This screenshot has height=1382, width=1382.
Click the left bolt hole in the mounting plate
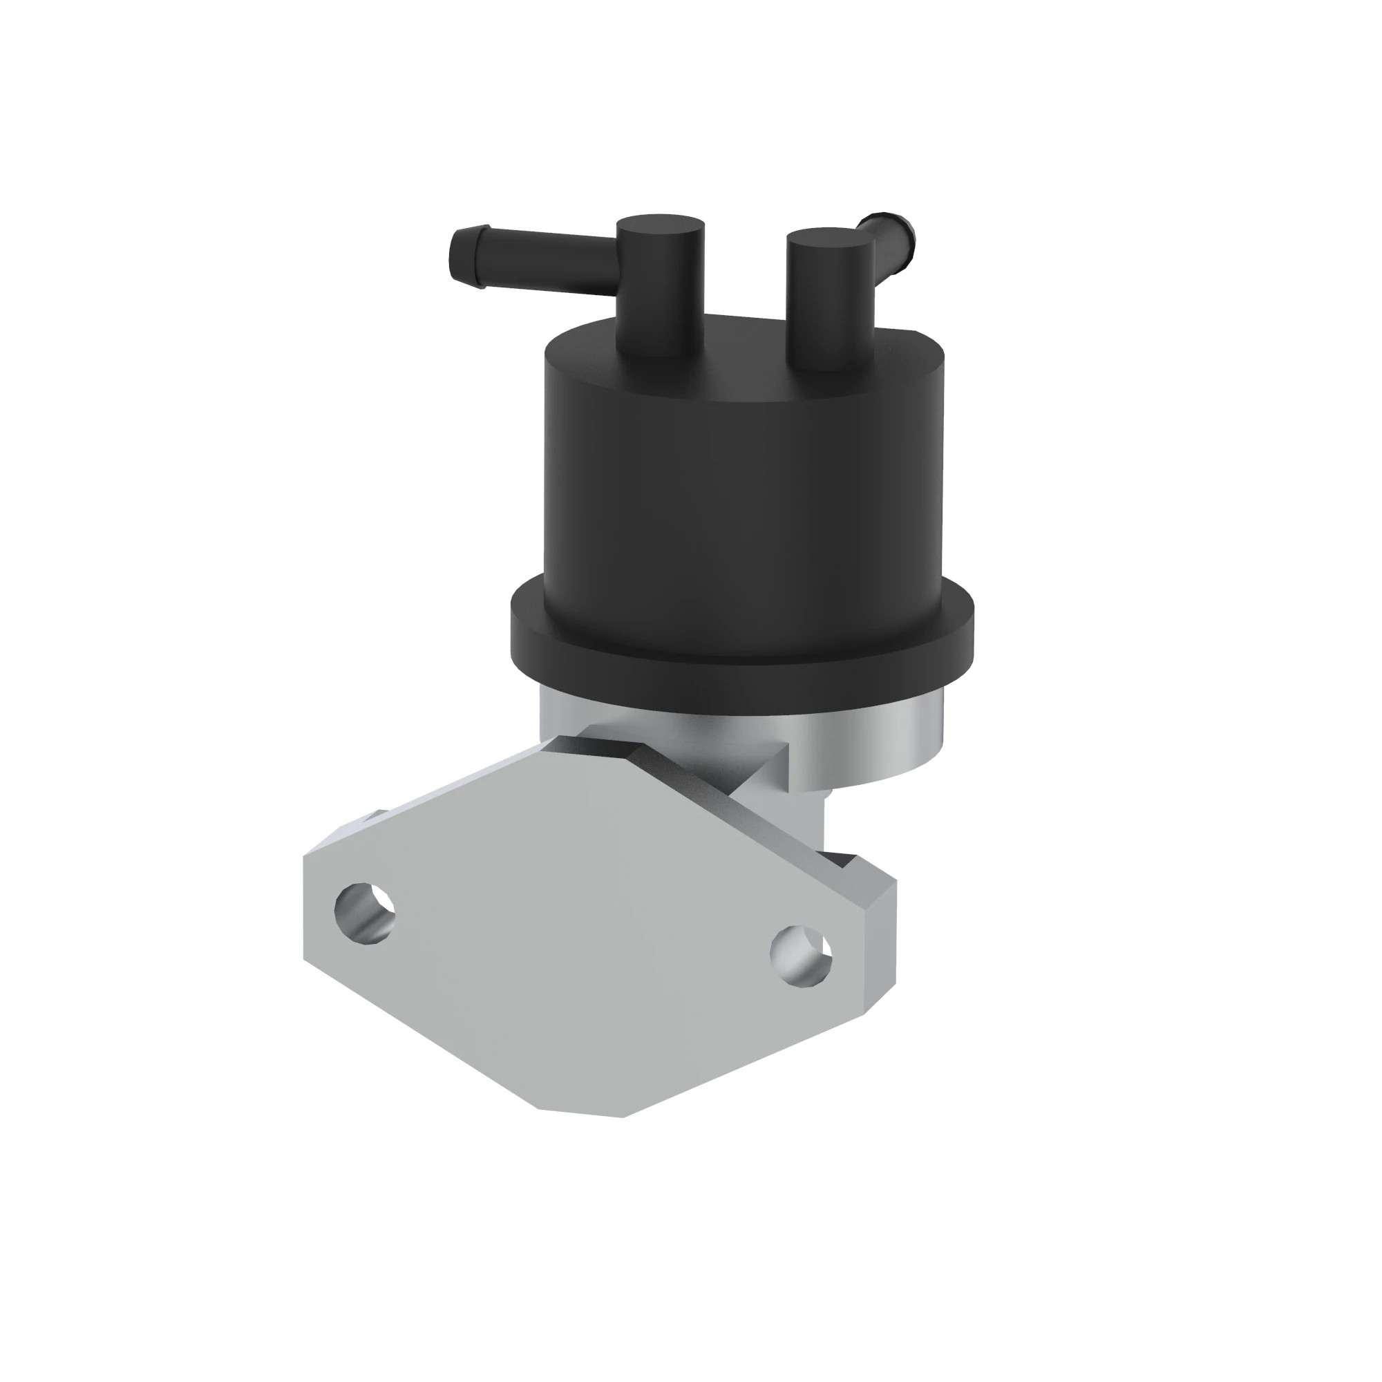click(365, 913)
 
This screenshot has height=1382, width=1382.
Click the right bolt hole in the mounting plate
click(801, 956)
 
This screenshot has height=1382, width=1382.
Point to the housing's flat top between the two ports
click(744, 337)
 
